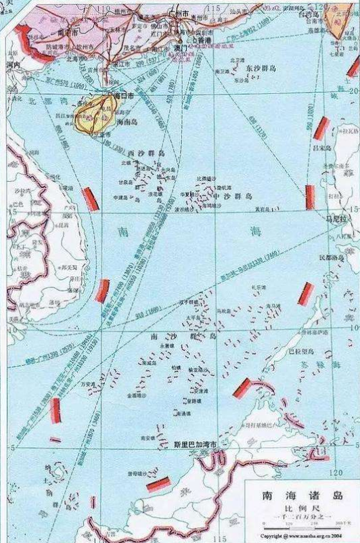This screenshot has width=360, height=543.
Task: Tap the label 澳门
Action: click(x=178, y=47)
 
